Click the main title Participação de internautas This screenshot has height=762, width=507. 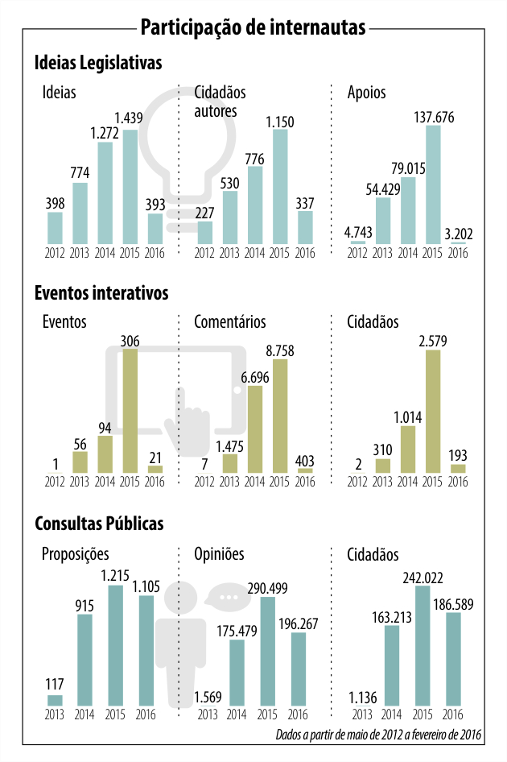click(x=253, y=27)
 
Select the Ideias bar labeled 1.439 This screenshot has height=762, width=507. click(x=130, y=187)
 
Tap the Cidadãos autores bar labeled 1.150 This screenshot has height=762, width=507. click(x=279, y=187)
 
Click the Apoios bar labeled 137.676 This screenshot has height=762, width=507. click(x=433, y=184)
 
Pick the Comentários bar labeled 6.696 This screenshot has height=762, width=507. click(x=255, y=429)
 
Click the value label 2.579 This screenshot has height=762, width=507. click(x=433, y=341)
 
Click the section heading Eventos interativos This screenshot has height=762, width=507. click(x=101, y=292)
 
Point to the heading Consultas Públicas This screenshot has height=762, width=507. click(x=99, y=524)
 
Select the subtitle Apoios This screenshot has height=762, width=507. click(x=366, y=93)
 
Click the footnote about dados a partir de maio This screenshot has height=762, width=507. click(x=377, y=735)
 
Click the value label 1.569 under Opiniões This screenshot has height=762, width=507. click(x=209, y=697)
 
